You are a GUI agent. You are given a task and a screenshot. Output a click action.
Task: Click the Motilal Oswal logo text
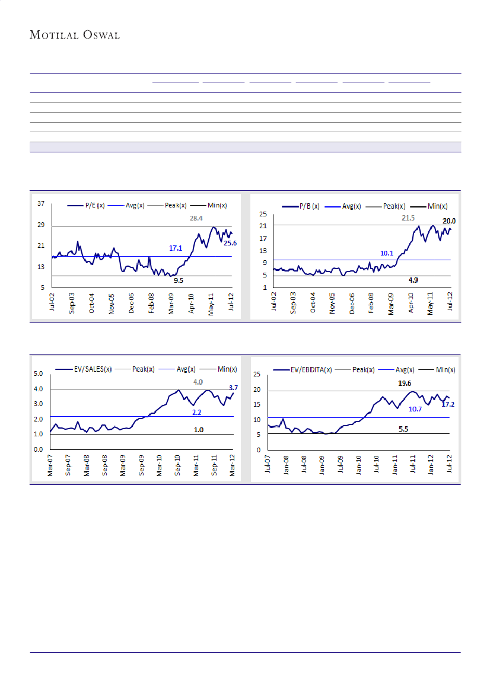(75, 35)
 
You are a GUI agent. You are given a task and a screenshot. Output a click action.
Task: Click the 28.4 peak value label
(196, 218)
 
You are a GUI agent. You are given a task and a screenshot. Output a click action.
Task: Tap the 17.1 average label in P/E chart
(176, 248)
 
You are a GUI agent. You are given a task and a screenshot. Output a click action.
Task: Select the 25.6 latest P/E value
(230, 243)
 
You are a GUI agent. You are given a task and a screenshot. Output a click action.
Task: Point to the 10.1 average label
(387, 253)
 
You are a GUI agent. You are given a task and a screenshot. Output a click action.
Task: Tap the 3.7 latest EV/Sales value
(233, 388)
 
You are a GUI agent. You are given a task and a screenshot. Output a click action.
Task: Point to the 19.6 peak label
(405, 383)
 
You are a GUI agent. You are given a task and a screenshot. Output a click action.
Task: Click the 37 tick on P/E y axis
(41, 204)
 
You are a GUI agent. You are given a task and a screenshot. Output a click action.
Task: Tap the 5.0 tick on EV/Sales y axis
(39, 373)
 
